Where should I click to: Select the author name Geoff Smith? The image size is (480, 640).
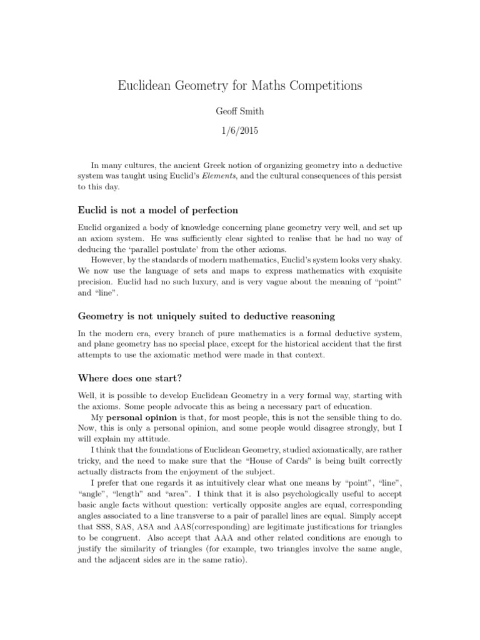[239, 111]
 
